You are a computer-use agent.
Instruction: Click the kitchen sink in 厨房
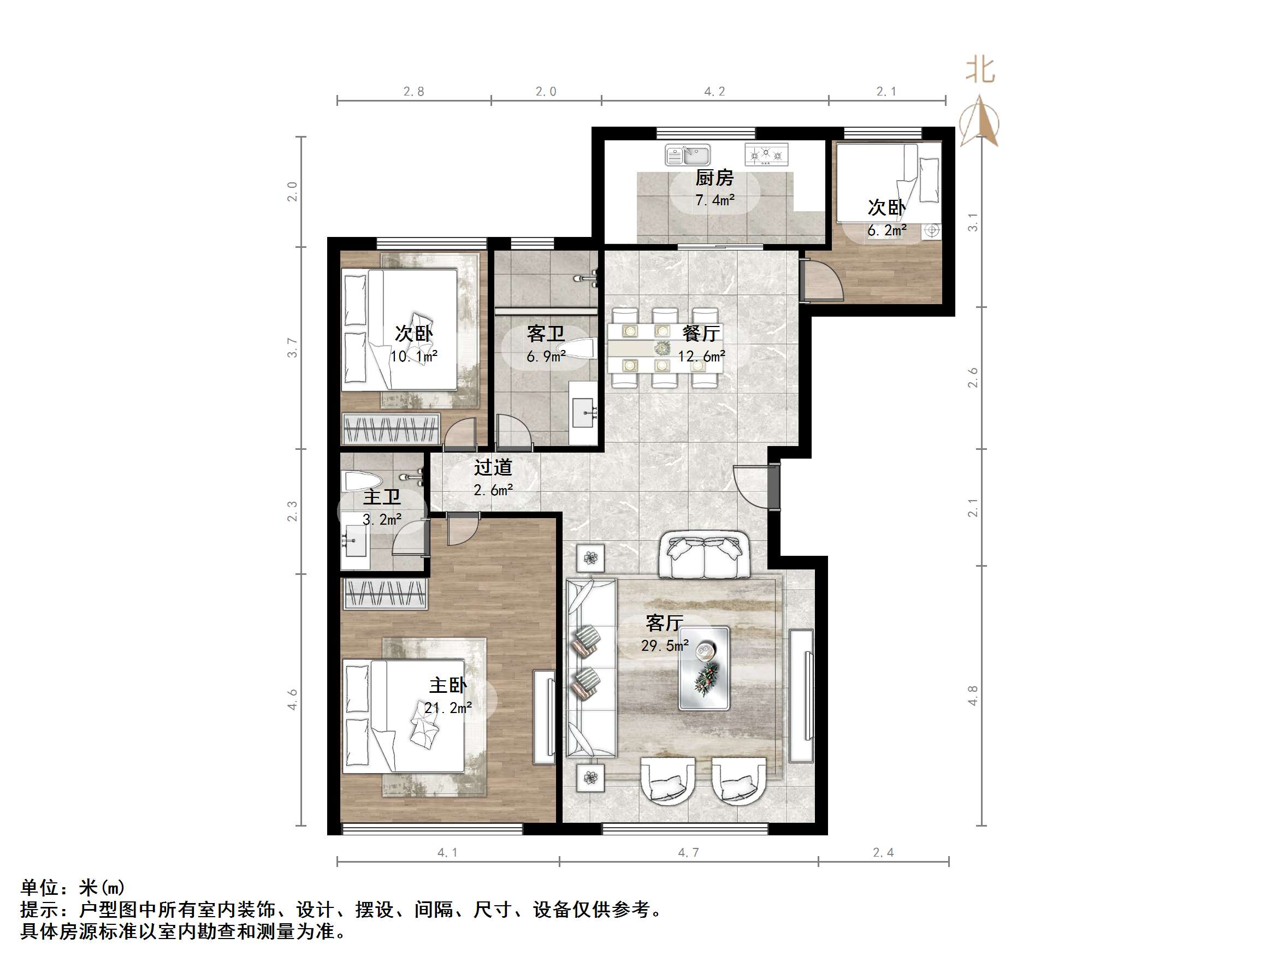(x=688, y=155)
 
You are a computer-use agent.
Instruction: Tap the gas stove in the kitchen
(x=766, y=155)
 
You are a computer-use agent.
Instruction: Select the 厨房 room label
(x=714, y=177)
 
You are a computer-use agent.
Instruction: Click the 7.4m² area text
(x=714, y=200)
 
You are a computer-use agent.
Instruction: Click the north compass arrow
(x=980, y=122)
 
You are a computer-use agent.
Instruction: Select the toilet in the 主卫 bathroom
(x=363, y=480)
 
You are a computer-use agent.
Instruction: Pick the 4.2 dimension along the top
(x=714, y=92)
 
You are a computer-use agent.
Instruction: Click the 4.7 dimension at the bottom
(x=689, y=852)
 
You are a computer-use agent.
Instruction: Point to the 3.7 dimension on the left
(x=292, y=348)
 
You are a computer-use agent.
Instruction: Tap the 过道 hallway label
(x=493, y=467)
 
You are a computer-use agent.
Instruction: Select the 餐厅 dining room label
(x=701, y=334)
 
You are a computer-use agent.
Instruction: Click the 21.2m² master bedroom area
(x=448, y=708)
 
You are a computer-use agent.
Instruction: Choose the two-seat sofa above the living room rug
(x=703, y=555)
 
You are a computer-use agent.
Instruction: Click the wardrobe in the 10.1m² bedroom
(x=391, y=429)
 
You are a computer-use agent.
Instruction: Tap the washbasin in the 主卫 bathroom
(x=355, y=541)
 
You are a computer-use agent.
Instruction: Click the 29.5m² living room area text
(x=665, y=645)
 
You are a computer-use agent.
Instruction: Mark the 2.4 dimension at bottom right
(x=883, y=852)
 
